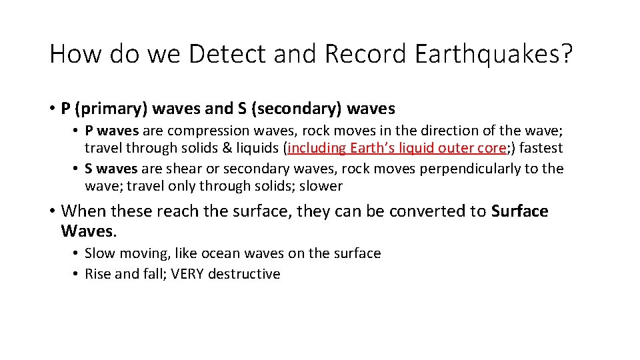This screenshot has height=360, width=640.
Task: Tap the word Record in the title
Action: [x=364, y=54]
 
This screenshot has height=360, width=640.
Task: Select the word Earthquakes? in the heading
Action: [x=493, y=54]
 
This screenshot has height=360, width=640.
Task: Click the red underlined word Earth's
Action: [x=371, y=148]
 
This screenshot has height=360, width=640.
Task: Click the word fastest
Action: [x=541, y=148]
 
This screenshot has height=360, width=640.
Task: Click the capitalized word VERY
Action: [x=187, y=274]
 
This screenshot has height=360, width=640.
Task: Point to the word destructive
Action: [x=244, y=274]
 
